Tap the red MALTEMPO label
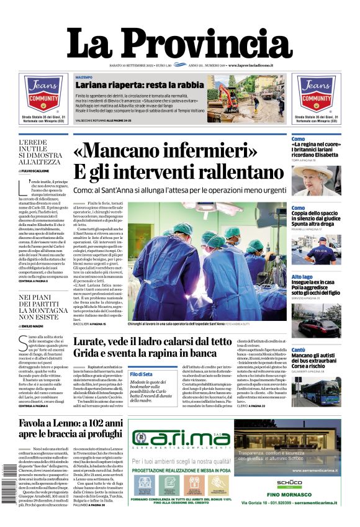click(x=84, y=76)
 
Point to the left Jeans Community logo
click(x=43, y=94)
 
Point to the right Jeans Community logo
click(x=316, y=94)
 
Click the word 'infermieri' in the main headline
click(x=202, y=151)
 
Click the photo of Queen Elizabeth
click(x=316, y=180)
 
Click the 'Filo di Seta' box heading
click(x=142, y=373)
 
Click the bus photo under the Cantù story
click(x=316, y=391)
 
